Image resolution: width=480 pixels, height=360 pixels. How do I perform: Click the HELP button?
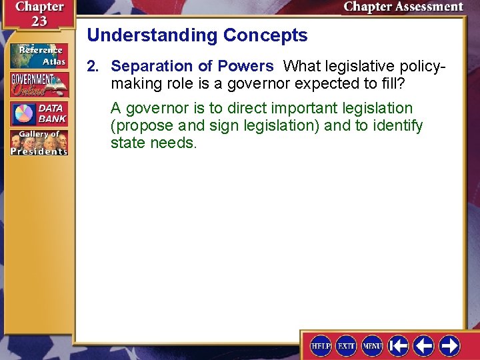pos(321,345)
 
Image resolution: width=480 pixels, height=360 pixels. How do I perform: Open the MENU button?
pos(371,345)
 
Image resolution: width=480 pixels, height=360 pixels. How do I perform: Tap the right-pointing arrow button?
pos(449,345)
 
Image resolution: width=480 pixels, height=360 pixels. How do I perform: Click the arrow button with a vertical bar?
pos(399,345)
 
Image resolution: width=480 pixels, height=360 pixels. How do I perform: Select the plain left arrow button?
pos(423,345)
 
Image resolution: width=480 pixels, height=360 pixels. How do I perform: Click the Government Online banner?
pos(39,85)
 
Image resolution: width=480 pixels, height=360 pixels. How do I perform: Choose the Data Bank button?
pos(39,113)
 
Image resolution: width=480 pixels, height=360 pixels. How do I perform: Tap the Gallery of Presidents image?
pos(39,143)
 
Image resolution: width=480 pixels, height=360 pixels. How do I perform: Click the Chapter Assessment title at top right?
pos(403,7)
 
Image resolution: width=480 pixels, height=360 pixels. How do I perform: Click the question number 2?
pos(93,66)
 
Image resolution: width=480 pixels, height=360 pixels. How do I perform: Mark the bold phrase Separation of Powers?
pos(192,66)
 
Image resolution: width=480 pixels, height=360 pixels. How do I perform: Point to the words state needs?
pos(153,143)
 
